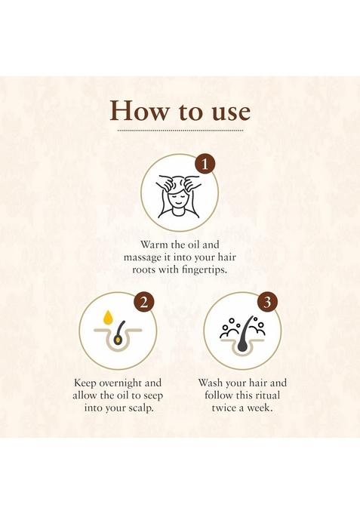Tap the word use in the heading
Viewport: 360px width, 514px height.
point(224,111)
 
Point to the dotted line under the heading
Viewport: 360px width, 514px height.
point(180,131)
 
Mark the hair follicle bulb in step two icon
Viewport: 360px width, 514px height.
point(118,339)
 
